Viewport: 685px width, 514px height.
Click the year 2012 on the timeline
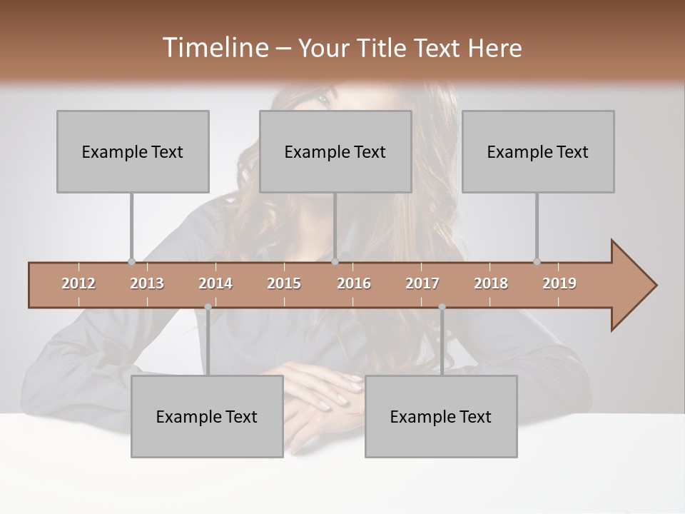click(x=78, y=283)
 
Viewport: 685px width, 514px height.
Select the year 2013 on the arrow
click(x=147, y=283)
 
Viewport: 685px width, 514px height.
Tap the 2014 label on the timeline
click(x=215, y=283)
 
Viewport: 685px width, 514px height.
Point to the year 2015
click(x=284, y=283)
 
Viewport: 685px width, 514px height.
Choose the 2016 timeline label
click(x=354, y=283)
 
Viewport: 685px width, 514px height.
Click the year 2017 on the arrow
click(x=422, y=283)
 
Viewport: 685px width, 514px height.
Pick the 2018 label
click(x=491, y=283)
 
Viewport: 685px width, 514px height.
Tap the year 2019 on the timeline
click(x=559, y=283)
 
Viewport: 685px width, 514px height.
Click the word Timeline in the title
click(x=215, y=48)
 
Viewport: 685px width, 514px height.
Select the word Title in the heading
click(x=386, y=48)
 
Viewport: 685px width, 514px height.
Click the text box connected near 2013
click(x=133, y=151)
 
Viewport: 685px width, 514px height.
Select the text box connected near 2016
click(x=335, y=151)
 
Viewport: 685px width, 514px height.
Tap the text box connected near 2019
click(x=538, y=151)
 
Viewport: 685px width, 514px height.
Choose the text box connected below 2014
click(x=207, y=416)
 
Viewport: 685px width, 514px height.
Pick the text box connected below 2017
click(x=441, y=416)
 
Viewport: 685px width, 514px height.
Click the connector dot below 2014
click(x=208, y=307)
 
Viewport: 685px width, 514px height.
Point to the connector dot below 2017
click(x=442, y=307)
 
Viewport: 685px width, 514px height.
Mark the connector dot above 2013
click(x=131, y=261)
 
